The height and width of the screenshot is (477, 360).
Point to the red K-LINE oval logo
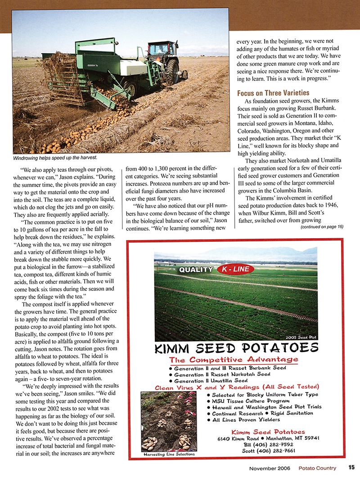pyautogui.click(x=236, y=269)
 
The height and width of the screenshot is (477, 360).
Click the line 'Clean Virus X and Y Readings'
pyautogui.click(x=238, y=388)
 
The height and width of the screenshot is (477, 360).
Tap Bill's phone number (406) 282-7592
pyautogui.click(x=274, y=443)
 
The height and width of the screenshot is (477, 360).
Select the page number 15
pyautogui.click(x=351, y=468)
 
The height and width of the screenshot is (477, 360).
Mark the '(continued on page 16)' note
pyautogui.click(x=321, y=227)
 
